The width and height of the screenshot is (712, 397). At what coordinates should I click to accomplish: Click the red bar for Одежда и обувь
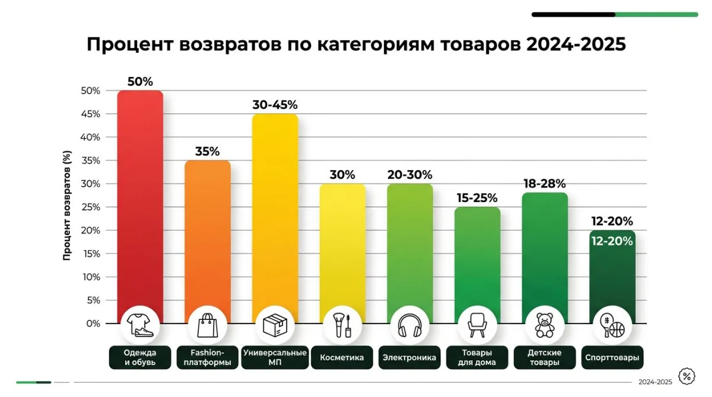point(140,196)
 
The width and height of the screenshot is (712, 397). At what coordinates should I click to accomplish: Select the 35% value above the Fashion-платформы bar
point(207,151)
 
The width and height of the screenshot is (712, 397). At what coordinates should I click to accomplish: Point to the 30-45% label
point(275,105)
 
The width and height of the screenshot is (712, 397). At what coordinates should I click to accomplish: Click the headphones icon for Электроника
point(409,325)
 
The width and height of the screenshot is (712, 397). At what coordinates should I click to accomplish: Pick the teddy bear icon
point(545,325)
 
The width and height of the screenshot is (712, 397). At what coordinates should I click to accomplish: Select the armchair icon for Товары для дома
point(477,325)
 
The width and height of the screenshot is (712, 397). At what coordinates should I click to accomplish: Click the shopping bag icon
point(207,325)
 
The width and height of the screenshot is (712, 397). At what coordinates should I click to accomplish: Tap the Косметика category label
point(342,357)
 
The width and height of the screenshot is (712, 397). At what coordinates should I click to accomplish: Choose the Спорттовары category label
point(612,357)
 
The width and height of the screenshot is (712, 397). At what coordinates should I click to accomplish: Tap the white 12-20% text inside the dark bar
point(612,241)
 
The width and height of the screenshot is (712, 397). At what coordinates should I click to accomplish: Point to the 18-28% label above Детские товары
point(545,184)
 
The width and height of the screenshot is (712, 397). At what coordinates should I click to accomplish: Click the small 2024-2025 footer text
point(655,382)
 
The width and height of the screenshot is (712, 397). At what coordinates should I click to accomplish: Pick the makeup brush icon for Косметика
point(342,325)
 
